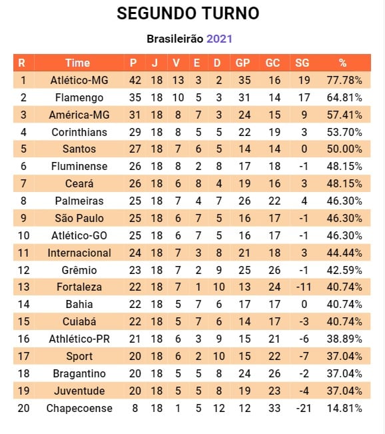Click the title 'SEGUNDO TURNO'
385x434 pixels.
tap(188, 13)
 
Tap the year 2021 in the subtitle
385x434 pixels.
tap(219, 39)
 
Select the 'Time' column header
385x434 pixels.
tap(77, 63)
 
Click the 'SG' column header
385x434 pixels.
tap(302, 63)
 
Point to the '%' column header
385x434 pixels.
tap(342, 63)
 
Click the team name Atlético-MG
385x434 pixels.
tap(79, 80)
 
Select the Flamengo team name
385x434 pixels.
tap(79, 97)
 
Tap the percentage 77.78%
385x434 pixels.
tap(344, 80)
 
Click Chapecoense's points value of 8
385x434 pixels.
tap(135, 408)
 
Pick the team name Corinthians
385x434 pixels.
tap(79, 132)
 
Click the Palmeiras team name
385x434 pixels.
tap(79, 201)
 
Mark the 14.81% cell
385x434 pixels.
tap(344, 408)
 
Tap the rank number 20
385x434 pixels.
tap(23, 408)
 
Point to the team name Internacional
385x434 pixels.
tap(79, 253)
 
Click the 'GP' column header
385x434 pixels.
tap(242, 63)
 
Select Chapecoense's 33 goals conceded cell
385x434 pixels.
tap(273, 408)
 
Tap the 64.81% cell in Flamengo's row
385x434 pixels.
tap(344, 97)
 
